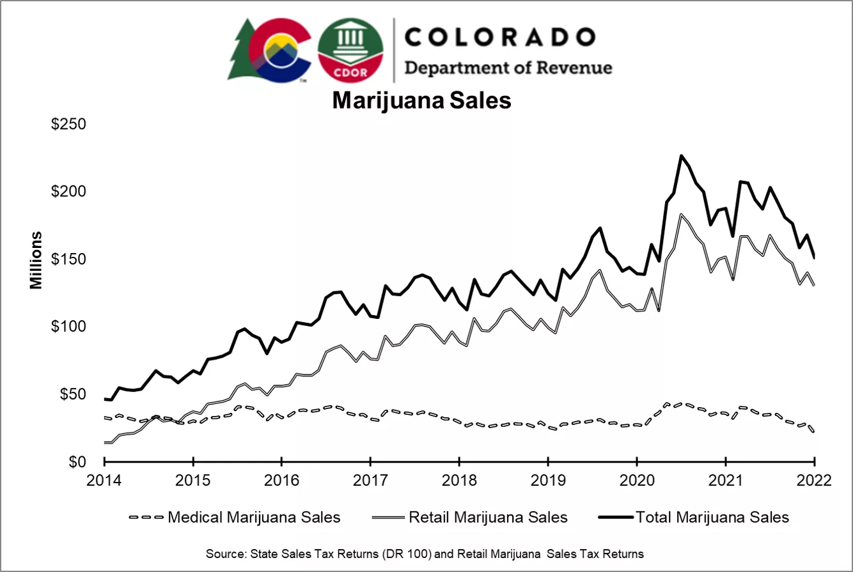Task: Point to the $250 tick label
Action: coord(68,124)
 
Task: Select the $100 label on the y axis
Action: coord(68,327)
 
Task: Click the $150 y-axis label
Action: coord(68,259)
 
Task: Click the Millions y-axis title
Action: coord(36,259)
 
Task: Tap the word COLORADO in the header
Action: coord(499,37)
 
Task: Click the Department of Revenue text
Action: coord(508,68)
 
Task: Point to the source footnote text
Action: coord(425,553)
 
